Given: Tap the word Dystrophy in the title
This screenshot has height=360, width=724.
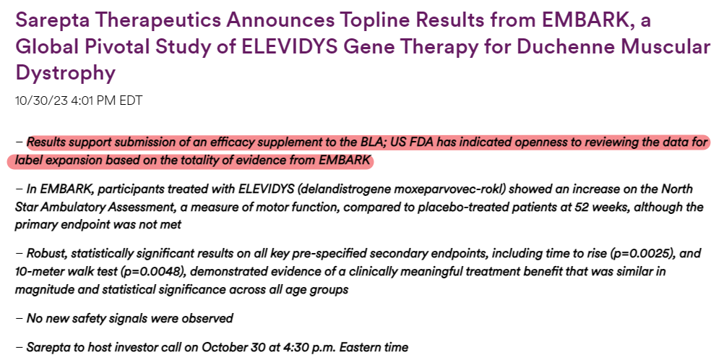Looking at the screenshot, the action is [65, 73].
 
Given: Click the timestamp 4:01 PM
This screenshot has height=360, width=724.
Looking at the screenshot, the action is [94, 100].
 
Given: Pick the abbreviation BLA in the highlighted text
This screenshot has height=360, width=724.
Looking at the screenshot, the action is [374, 143].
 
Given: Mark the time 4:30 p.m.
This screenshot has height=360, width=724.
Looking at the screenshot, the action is [278, 347].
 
